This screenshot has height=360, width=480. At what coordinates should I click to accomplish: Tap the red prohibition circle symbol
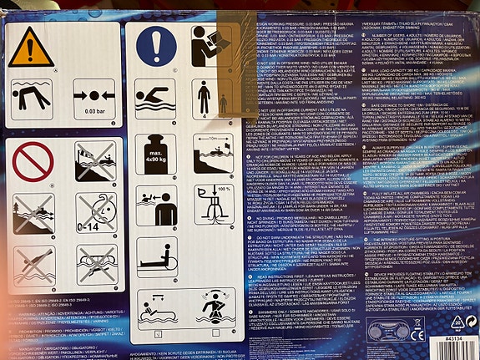[x=33, y=157]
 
